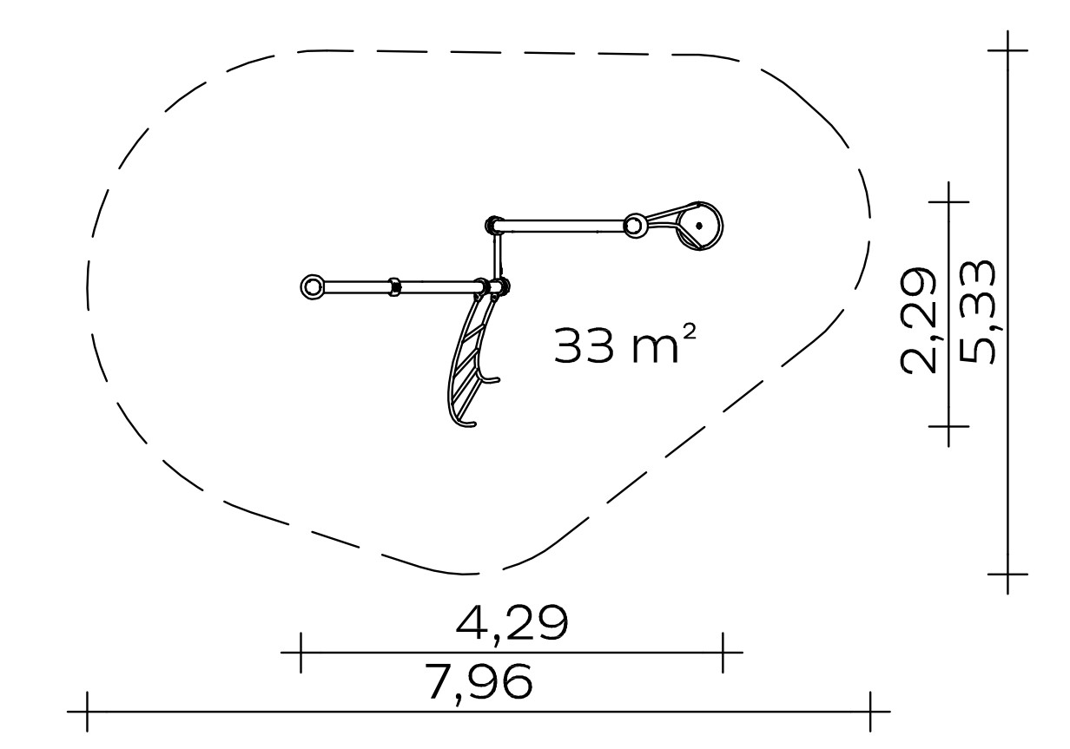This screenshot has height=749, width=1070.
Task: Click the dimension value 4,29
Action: point(512,625)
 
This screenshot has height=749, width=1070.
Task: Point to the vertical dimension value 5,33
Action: point(977,312)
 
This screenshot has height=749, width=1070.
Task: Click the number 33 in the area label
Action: point(584,345)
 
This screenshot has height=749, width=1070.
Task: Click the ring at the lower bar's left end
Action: point(312,287)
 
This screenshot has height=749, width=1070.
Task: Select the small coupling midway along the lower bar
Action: point(394,287)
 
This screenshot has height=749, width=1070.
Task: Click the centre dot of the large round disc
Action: point(699,226)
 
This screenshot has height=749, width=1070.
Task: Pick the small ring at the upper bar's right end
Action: point(633,226)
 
